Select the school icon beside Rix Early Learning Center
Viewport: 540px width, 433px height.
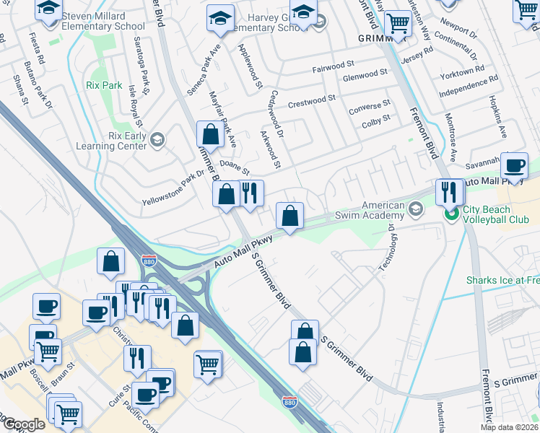click(158, 138)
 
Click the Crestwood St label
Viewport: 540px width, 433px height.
click(312, 101)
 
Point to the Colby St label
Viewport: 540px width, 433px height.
click(375, 119)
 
